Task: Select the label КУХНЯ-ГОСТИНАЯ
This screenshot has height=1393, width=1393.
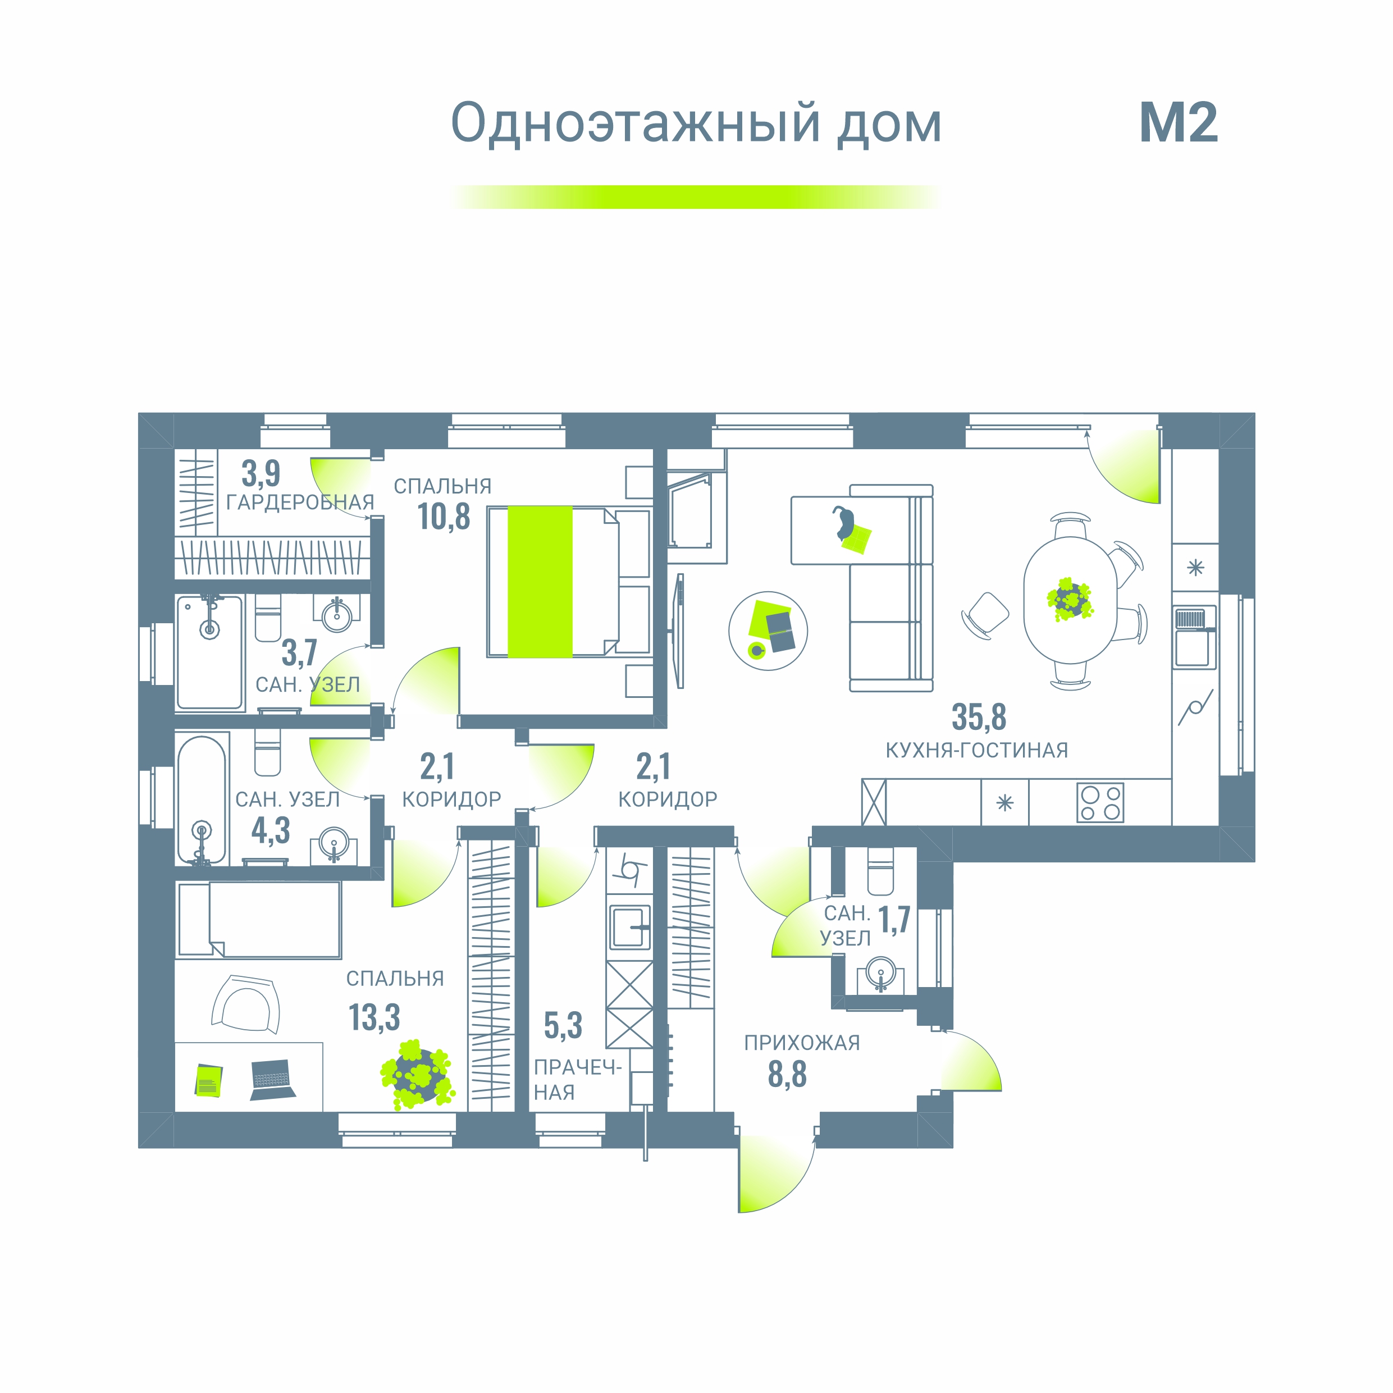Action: click(x=976, y=751)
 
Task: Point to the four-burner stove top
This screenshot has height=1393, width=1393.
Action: click(x=1100, y=802)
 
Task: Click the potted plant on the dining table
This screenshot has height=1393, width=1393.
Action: click(x=1070, y=599)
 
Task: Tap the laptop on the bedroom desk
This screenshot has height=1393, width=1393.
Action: click(x=272, y=1079)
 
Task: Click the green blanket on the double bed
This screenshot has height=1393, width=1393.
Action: click(x=540, y=582)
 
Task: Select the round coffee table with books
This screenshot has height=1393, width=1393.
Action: click(x=768, y=631)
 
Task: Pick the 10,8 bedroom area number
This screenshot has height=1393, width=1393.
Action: click(x=444, y=517)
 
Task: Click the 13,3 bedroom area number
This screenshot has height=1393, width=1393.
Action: click(x=374, y=1017)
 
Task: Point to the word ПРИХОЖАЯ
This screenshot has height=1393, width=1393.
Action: click(x=802, y=1043)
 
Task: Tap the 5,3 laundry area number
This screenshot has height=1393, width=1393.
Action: click(x=563, y=1025)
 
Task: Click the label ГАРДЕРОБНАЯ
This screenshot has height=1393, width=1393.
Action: click(x=300, y=503)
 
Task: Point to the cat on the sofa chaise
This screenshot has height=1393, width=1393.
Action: click(x=843, y=522)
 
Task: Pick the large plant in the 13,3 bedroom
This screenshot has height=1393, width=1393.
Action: click(x=417, y=1074)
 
